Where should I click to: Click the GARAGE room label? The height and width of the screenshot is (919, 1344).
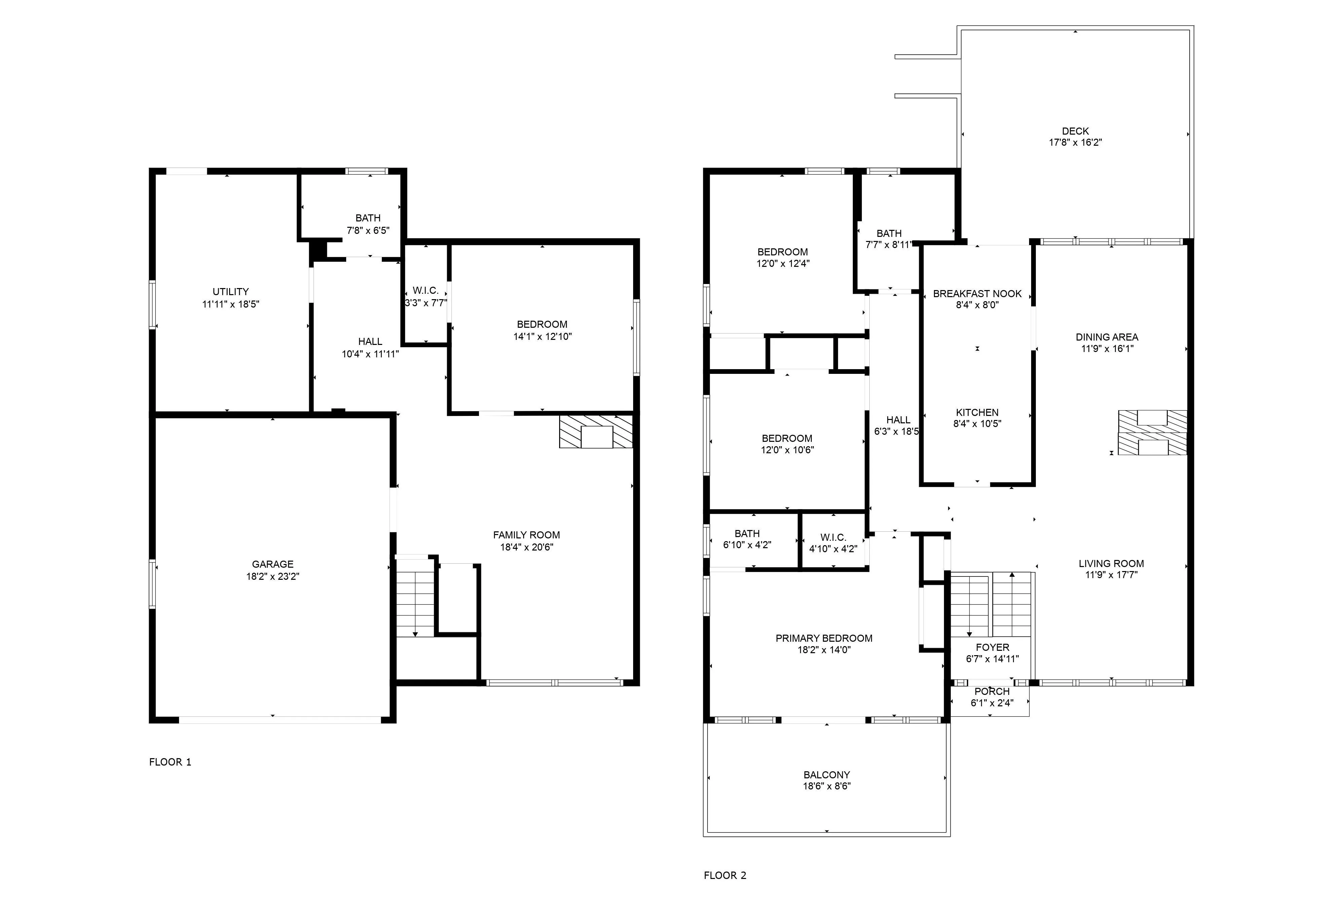pyautogui.click(x=273, y=564)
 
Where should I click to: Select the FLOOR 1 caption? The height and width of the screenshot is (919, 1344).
pyautogui.click(x=170, y=762)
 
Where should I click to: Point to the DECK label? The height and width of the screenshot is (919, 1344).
pyautogui.click(x=1075, y=131)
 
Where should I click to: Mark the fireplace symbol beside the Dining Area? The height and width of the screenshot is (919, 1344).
pyautogui.click(x=1152, y=433)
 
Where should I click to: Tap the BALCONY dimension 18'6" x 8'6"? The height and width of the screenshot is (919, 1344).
pyautogui.click(x=826, y=786)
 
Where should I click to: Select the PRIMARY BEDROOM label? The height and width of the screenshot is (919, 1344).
pyautogui.click(x=824, y=638)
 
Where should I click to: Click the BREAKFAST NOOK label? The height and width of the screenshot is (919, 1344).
pyautogui.click(x=977, y=294)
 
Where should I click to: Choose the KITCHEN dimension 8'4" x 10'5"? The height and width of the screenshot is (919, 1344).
pyautogui.click(x=977, y=423)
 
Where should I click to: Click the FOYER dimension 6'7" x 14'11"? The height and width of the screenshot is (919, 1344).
pyautogui.click(x=992, y=659)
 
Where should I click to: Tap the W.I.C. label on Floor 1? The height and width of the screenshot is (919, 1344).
pyautogui.click(x=426, y=290)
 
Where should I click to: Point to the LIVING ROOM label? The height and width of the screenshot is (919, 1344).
pyautogui.click(x=1111, y=563)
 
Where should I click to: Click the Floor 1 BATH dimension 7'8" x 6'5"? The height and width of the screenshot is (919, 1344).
pyautogui.click(x=368, y=230)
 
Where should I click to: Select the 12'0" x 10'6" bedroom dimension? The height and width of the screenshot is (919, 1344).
pyautogui.click(x=787, y=450)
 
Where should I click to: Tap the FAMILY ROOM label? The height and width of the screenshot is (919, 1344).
pyautogui.click(x=526, y=535)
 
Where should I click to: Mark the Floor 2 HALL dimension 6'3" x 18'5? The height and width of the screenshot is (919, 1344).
pyautogui.click(x=896, y=431)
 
